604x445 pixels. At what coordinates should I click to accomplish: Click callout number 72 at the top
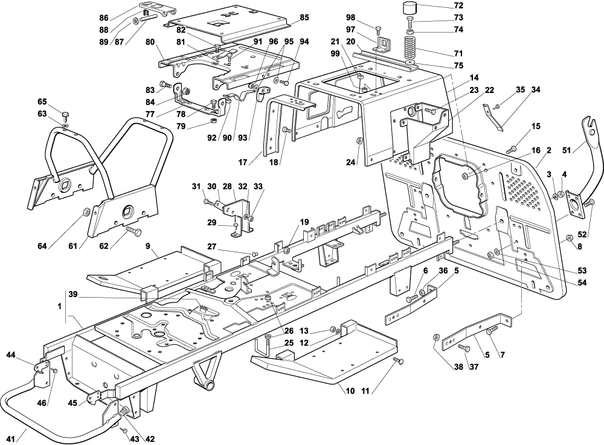(458, 6)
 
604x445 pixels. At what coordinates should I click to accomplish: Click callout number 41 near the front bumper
(11, 438)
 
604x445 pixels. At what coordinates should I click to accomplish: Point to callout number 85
(304, 18)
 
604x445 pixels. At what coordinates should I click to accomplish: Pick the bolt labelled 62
(133, 232)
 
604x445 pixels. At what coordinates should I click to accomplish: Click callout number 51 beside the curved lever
(567, 150)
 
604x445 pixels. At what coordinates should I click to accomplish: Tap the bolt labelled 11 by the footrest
(398, 361)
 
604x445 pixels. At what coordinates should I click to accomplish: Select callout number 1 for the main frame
(59, 306)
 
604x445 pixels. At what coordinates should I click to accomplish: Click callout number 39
(73, 295)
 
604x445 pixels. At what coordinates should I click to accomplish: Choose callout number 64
(42, 246)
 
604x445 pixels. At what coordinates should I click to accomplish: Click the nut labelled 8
(570, 240)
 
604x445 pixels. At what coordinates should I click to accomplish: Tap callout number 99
(335, 54)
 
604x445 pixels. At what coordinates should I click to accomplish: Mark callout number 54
(582, 283)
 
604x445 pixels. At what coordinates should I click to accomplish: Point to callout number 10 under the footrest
(350, 391)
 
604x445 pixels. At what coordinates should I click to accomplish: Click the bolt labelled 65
(65, 115)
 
